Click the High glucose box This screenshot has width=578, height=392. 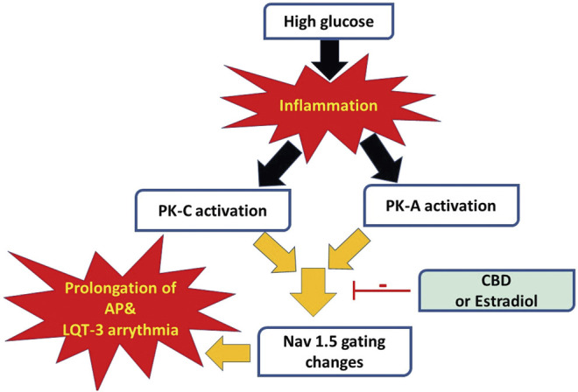[326, 21]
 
